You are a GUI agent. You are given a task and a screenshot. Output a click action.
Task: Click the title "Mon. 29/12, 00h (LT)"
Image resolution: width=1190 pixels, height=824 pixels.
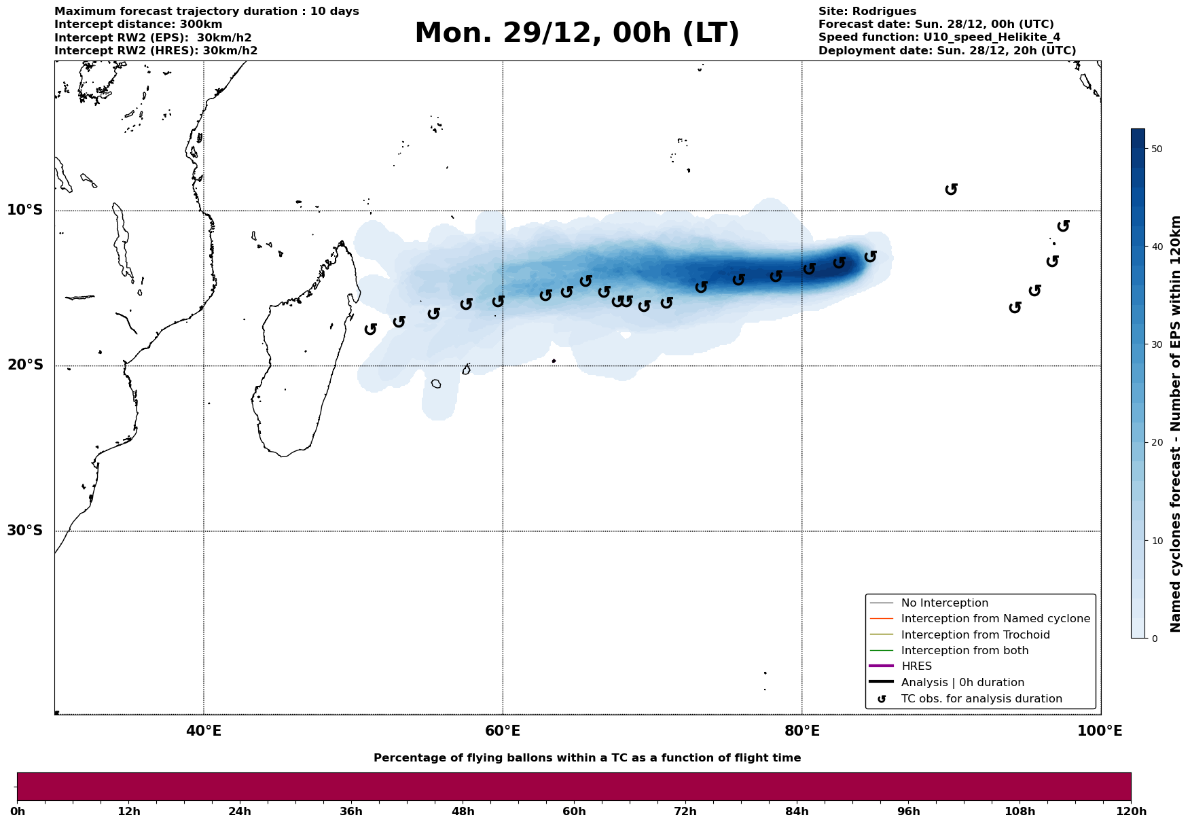[577, 33]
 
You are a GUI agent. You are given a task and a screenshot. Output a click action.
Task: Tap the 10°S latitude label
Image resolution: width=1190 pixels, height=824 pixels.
[25, 210]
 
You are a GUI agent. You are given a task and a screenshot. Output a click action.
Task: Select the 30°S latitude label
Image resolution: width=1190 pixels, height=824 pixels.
[25, 531]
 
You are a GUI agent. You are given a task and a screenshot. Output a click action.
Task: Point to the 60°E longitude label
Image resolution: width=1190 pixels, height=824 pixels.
[503, 731]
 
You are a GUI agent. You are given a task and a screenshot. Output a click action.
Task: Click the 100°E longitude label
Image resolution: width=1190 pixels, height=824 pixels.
[1100, 731]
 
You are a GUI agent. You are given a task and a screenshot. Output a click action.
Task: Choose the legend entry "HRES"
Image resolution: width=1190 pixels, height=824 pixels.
[916, 666]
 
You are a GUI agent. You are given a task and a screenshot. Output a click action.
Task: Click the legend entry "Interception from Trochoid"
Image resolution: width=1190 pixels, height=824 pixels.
[975, 635]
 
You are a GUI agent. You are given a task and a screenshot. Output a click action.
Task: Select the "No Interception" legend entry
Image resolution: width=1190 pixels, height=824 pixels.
[944, 603]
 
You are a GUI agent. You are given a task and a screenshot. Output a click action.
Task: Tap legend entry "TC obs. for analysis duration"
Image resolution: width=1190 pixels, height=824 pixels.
[981, 699]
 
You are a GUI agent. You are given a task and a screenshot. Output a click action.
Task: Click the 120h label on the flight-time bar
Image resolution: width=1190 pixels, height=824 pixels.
[1131, 812]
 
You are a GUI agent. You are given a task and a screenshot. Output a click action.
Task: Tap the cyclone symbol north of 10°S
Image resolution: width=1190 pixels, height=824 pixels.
[952, 189]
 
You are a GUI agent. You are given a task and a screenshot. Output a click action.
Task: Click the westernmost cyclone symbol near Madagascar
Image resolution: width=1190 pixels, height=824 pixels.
[370, 329]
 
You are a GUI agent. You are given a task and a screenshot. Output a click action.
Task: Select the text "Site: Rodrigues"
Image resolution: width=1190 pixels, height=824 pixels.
[867, 12]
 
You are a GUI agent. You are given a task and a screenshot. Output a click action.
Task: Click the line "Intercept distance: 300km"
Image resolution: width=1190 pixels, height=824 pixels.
[138, 24]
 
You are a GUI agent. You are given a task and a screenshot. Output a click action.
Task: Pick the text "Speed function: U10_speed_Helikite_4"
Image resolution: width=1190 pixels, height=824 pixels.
[939, 37]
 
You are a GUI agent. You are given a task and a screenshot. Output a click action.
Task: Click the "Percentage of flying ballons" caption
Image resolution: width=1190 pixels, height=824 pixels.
[587, 758]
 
